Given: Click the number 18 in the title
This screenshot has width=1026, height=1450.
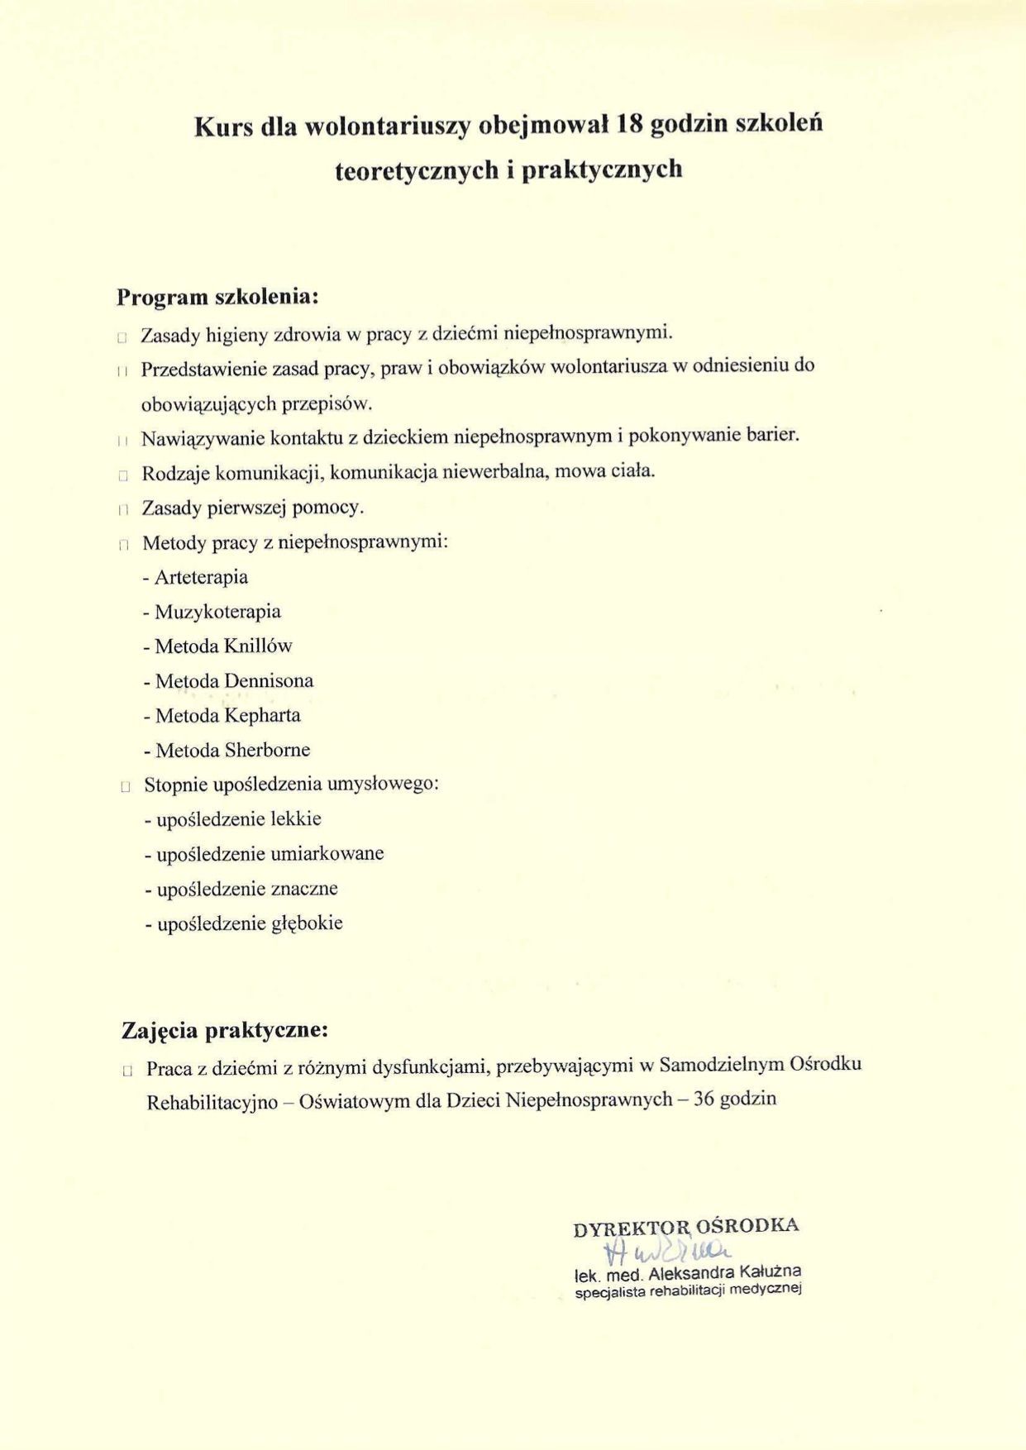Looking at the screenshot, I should pyautogui.click(x=630, y=125).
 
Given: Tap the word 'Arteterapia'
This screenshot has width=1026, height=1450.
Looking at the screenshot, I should pyautogui.click(x=201, y=577).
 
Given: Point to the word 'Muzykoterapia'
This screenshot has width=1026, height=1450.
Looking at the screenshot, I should pyautogui.click(x=217, y=612).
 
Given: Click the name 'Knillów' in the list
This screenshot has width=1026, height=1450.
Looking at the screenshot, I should pyautogui.click(x=258, y=646).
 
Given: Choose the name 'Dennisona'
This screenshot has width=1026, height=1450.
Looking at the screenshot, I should pyautogui.click(x=269, y=681).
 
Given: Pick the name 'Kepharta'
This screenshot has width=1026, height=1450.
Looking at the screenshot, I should pyautogui.click(x=263, y=715).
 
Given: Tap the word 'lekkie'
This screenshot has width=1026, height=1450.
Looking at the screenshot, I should pyautogui.click(x=295, y=819).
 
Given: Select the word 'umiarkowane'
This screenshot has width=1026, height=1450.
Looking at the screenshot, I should pyautogui.click(x=327, y=853).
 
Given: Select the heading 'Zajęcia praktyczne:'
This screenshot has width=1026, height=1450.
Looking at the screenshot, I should pyautogui.click(x=225, y=1031).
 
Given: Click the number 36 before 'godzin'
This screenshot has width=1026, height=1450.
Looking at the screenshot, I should pyautogui.click(x=704, y=1099).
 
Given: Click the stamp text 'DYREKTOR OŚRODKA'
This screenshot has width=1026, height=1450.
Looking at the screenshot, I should pyautogui.click(x=685, y=1227).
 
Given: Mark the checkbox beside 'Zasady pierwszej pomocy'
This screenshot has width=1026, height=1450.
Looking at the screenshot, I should pyautogui.click(x=124, y=510).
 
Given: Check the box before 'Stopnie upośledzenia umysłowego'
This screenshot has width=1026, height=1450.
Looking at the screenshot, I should pyautogui.click(x=125, y=787).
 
